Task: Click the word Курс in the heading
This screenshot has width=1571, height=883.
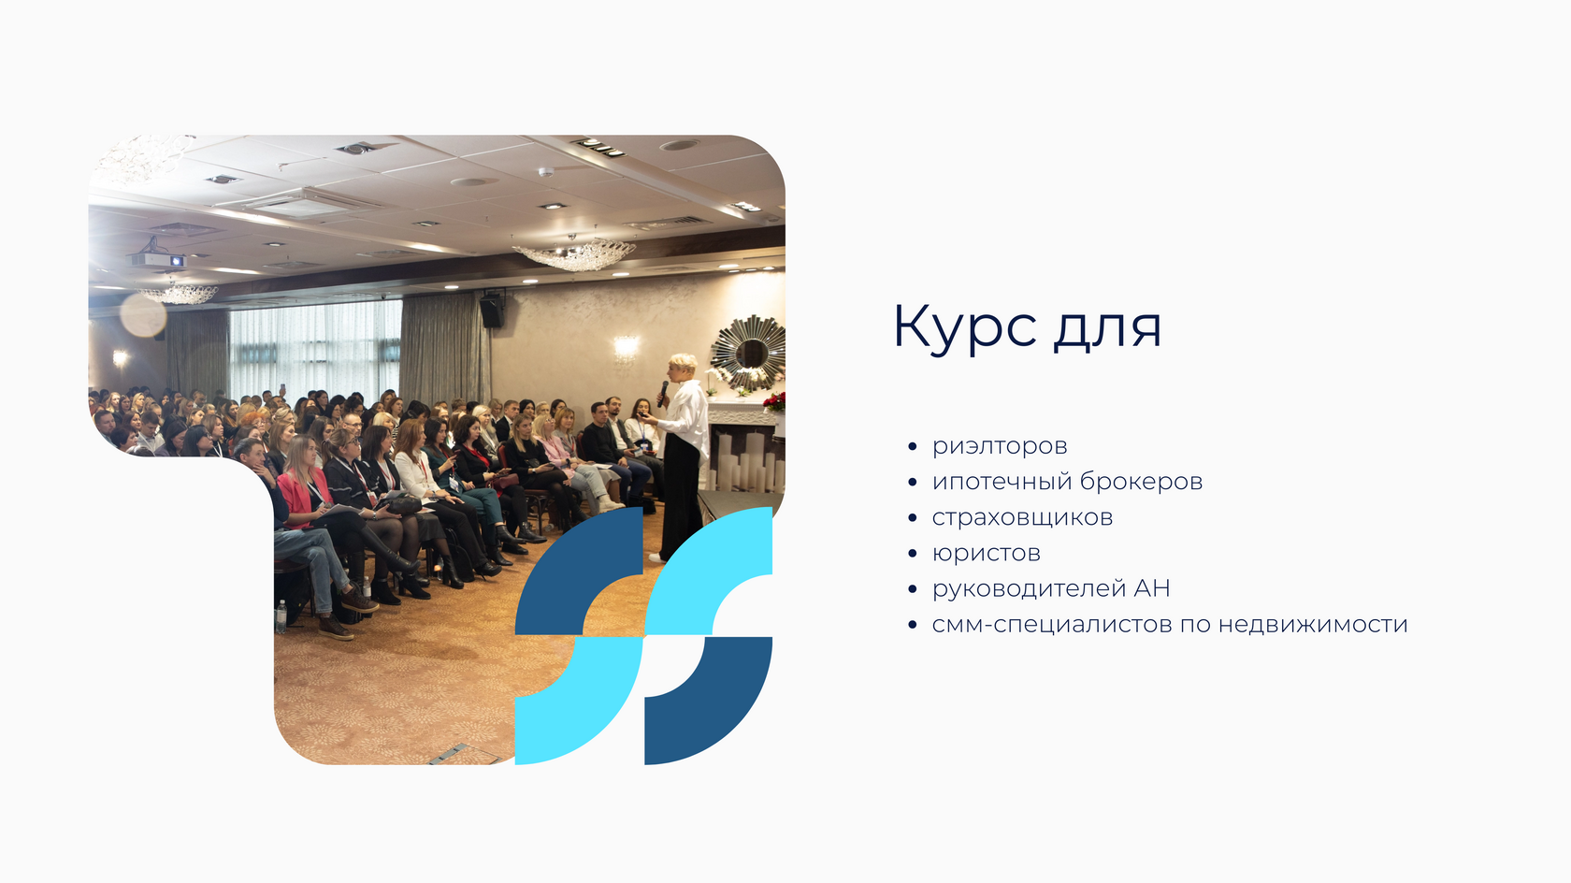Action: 964,327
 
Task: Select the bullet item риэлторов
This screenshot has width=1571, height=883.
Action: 1000,447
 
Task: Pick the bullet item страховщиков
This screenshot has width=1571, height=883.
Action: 1022,518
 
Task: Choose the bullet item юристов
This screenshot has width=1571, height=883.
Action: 986,554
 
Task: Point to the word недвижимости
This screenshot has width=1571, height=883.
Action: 1313,624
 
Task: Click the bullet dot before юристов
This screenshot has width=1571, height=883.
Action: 912,554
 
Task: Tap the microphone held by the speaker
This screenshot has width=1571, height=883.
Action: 662,392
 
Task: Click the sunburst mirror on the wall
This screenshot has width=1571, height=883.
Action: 748,352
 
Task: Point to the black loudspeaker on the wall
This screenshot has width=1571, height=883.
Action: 491,311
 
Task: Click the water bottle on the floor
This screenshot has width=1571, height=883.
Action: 281,616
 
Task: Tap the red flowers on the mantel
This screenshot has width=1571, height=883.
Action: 774,401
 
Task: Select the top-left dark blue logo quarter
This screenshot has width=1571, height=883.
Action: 579,571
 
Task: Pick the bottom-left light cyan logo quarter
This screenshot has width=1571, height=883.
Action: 580,701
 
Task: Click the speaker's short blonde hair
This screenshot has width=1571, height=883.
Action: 683,363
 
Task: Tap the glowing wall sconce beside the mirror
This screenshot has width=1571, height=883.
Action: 626,347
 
